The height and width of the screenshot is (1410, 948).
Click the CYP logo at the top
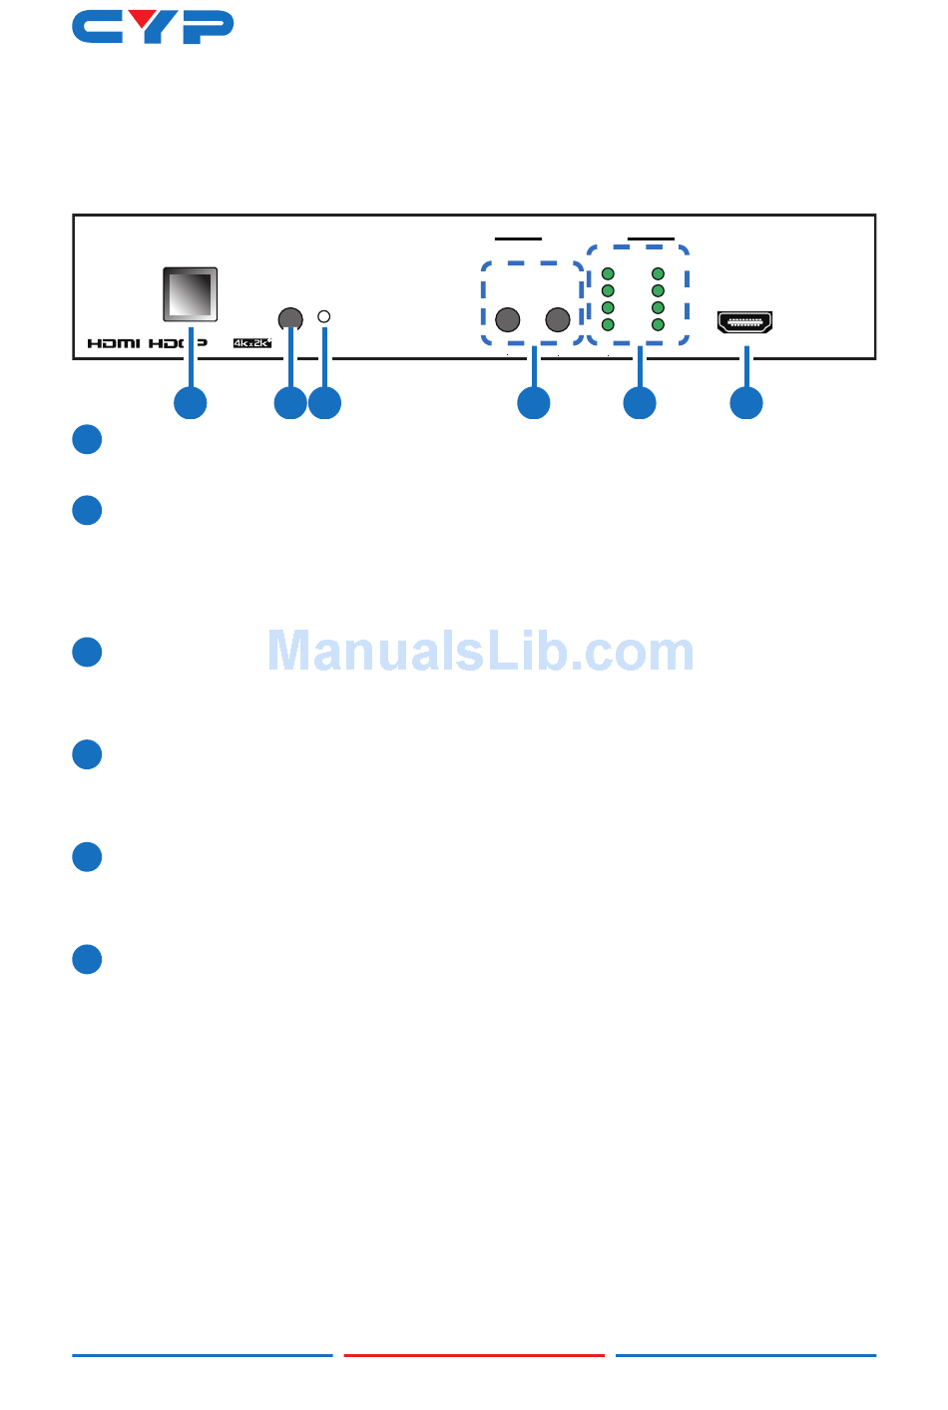tap(153, 27)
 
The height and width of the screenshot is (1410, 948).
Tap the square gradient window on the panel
tap(190, 294)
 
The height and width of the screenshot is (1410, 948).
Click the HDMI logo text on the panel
tap(114, 343)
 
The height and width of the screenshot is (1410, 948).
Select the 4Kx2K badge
tap(252, 343)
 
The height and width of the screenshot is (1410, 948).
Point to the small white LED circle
tap(323, 316)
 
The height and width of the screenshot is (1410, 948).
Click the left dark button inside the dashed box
tap(508, 319)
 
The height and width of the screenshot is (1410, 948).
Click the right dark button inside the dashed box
tap(558, 319)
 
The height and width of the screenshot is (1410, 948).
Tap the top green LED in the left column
tap(608, 273)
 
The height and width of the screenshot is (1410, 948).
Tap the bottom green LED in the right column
tap(658, 324)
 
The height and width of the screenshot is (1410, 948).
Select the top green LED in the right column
tap(658, 273)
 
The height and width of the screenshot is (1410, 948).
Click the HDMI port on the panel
tap(744, 322)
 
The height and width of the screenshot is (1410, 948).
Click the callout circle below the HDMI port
tap(746, 403)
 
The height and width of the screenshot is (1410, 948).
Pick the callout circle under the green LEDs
tap(640, 403)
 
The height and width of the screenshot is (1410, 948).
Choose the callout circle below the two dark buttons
tap(534, 403)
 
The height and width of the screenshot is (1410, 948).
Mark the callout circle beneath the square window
tap(191, 403)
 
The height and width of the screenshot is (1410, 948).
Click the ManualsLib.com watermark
tap(480, 652)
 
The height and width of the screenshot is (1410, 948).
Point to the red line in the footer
tap(474, 1355)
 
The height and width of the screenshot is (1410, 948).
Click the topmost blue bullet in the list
tap(88, 440)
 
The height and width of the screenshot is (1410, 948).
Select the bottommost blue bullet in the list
tap(88, 959)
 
